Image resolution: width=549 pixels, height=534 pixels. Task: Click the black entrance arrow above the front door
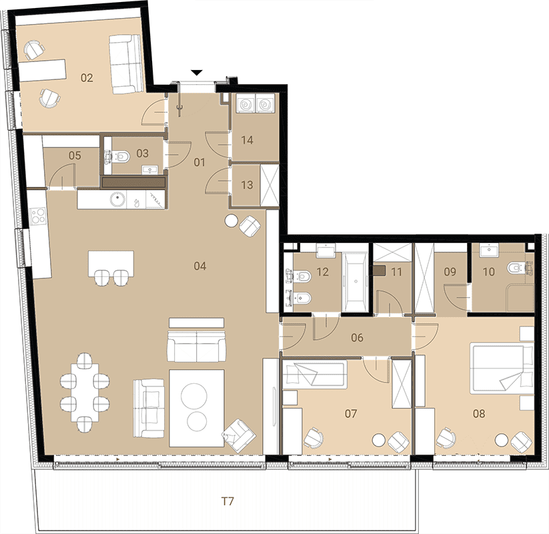(197, 73)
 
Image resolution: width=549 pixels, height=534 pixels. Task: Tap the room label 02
(87, 78)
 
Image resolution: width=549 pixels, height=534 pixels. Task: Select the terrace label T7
(227, 501)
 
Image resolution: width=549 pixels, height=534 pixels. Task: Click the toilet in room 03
(121, 156)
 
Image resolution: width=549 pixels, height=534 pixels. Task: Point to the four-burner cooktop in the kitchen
(38, 216)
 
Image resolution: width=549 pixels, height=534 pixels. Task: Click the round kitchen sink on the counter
(117, 200)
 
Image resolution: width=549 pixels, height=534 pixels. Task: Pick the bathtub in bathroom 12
(355, 282)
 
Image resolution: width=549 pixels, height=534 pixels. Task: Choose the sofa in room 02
(126, 64)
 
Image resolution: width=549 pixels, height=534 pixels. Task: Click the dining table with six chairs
(85, 392)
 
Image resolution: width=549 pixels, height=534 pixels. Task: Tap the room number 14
(247, 140)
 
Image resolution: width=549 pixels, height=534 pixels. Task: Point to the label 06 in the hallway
(357, 338)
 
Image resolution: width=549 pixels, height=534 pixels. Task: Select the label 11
(396, 272)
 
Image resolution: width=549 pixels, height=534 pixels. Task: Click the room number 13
(247, 185)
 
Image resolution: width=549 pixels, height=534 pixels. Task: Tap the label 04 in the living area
(200, 266)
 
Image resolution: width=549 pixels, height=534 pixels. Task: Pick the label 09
(450, 272)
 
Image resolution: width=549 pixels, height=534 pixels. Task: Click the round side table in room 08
(502, 440)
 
